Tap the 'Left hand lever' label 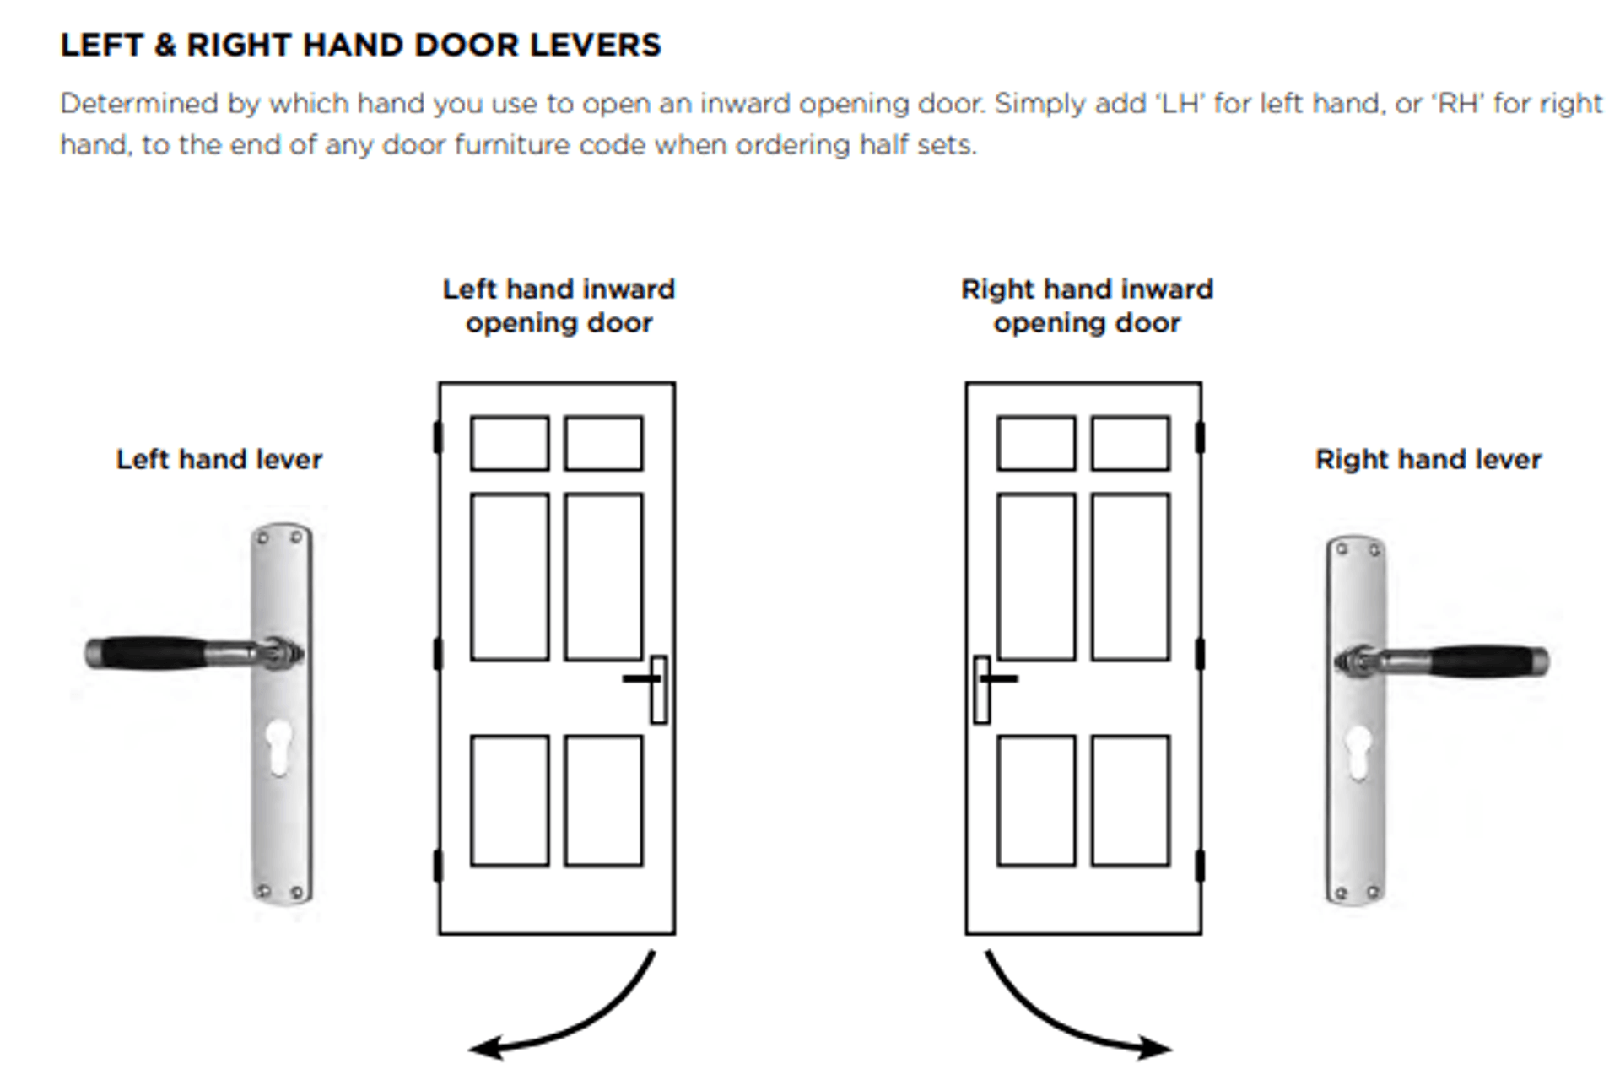click(x=219, y=460)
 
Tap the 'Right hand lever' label click(x=1428, y=460)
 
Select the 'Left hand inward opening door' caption click(x=559, y=306)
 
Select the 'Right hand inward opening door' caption click(x=1087, y=306)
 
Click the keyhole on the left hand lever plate click(x=278, y=747)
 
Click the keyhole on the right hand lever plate click(x=1358, y=752)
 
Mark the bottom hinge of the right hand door click(x=1200, y=867)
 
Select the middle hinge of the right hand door click(x=1200, y=654)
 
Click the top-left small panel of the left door click(x=510, y=443)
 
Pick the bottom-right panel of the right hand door click(x=1130, y=801)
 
